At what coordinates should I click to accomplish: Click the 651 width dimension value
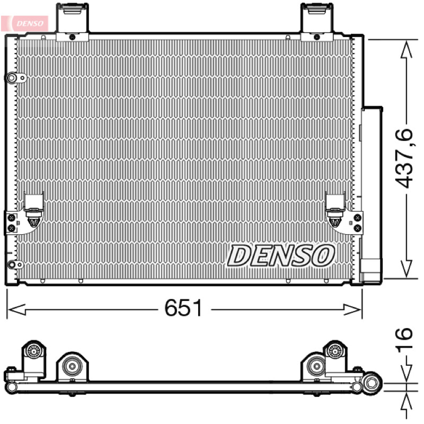point(183,308)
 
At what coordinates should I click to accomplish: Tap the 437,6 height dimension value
point(404,158)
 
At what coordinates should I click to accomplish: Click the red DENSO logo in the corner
point(25,23)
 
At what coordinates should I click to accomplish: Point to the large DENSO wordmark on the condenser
point(281,255)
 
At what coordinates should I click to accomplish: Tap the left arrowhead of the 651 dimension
point(17,310)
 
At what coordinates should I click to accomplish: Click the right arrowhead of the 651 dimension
point(352,310)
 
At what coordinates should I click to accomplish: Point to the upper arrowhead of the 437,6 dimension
point(406,49)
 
